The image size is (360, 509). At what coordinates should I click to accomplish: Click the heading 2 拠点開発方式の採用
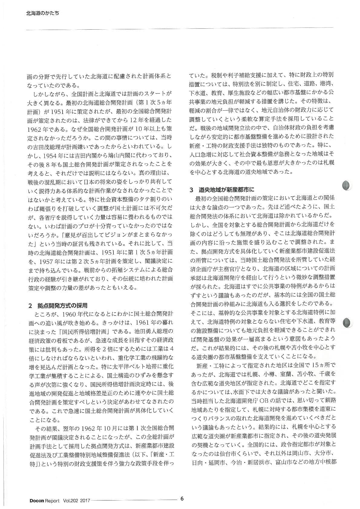point(58,306)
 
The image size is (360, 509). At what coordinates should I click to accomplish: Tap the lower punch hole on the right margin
point(347,323)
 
